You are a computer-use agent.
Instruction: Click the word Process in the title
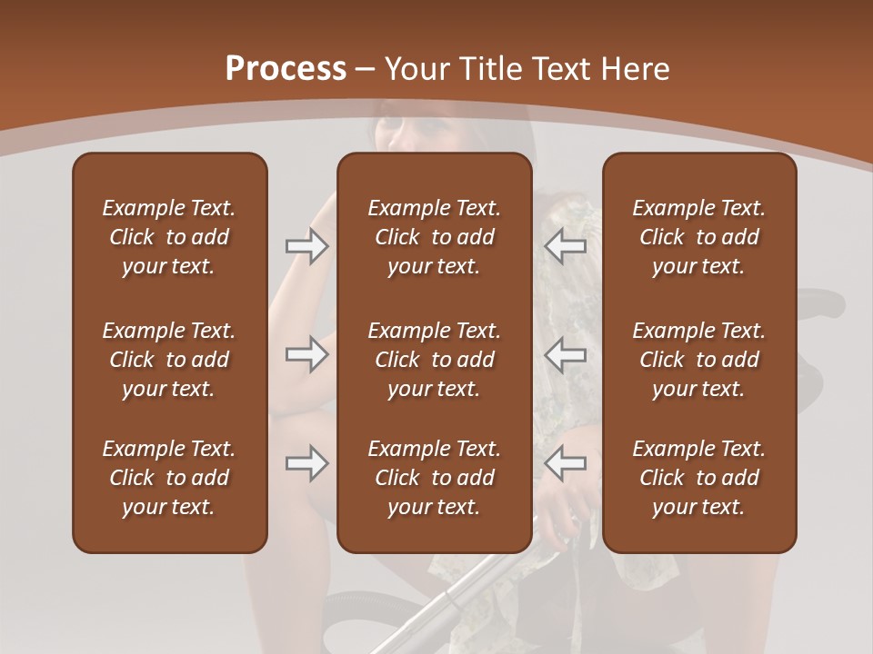click(x=286, y=69)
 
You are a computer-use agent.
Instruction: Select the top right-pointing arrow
click(x=306, y=245)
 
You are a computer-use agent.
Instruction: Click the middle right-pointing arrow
click(x=306, y=353)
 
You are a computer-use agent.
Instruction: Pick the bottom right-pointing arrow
click(x=306, y=463)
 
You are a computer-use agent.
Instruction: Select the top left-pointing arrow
click(x=565, y=245)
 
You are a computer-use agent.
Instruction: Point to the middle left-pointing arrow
click(x=565, y=353)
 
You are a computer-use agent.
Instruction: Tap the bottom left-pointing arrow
click(x=565, y=463)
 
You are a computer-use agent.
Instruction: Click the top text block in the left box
click(x=169, y=237)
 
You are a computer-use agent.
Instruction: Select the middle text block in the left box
click(x=169, y=360)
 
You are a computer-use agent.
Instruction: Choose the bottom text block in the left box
click(x=169, y=478)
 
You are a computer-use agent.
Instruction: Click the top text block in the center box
click(x=435, y=237)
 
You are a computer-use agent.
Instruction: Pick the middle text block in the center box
click(x=435, y=360)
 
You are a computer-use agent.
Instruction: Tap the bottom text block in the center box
click(x=435, y=478)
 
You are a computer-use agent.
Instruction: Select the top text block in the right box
click(x=699, y=237)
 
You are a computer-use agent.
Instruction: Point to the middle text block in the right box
click(x=699, y=360)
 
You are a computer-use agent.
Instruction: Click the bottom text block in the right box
click(x=699, y=478)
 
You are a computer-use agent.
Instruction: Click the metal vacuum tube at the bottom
click(x=455, y=599)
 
